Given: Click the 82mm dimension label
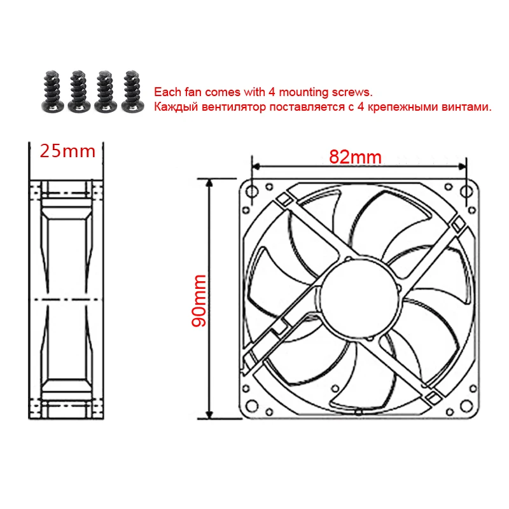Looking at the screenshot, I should (x=355, y=157).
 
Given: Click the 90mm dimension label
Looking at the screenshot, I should (x=199, y=300).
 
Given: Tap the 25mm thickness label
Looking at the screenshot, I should (x=67, y=151).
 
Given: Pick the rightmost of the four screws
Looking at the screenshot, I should (x=131, y=91).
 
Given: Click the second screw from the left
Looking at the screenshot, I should (x=78, y=91).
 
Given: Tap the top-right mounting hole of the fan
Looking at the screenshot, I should (x=471, y=190).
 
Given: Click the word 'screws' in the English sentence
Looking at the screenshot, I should (x=353, y=92).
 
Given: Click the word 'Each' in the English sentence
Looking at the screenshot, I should (x=165, y=92).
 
